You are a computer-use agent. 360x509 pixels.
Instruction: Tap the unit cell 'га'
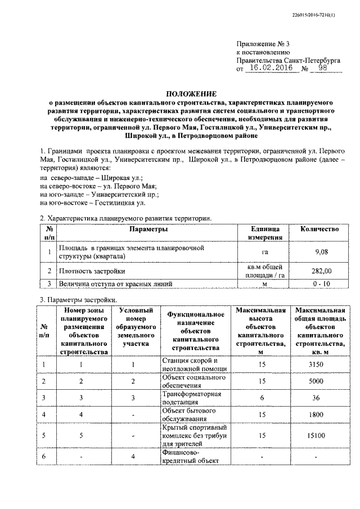(x=264, y=252)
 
